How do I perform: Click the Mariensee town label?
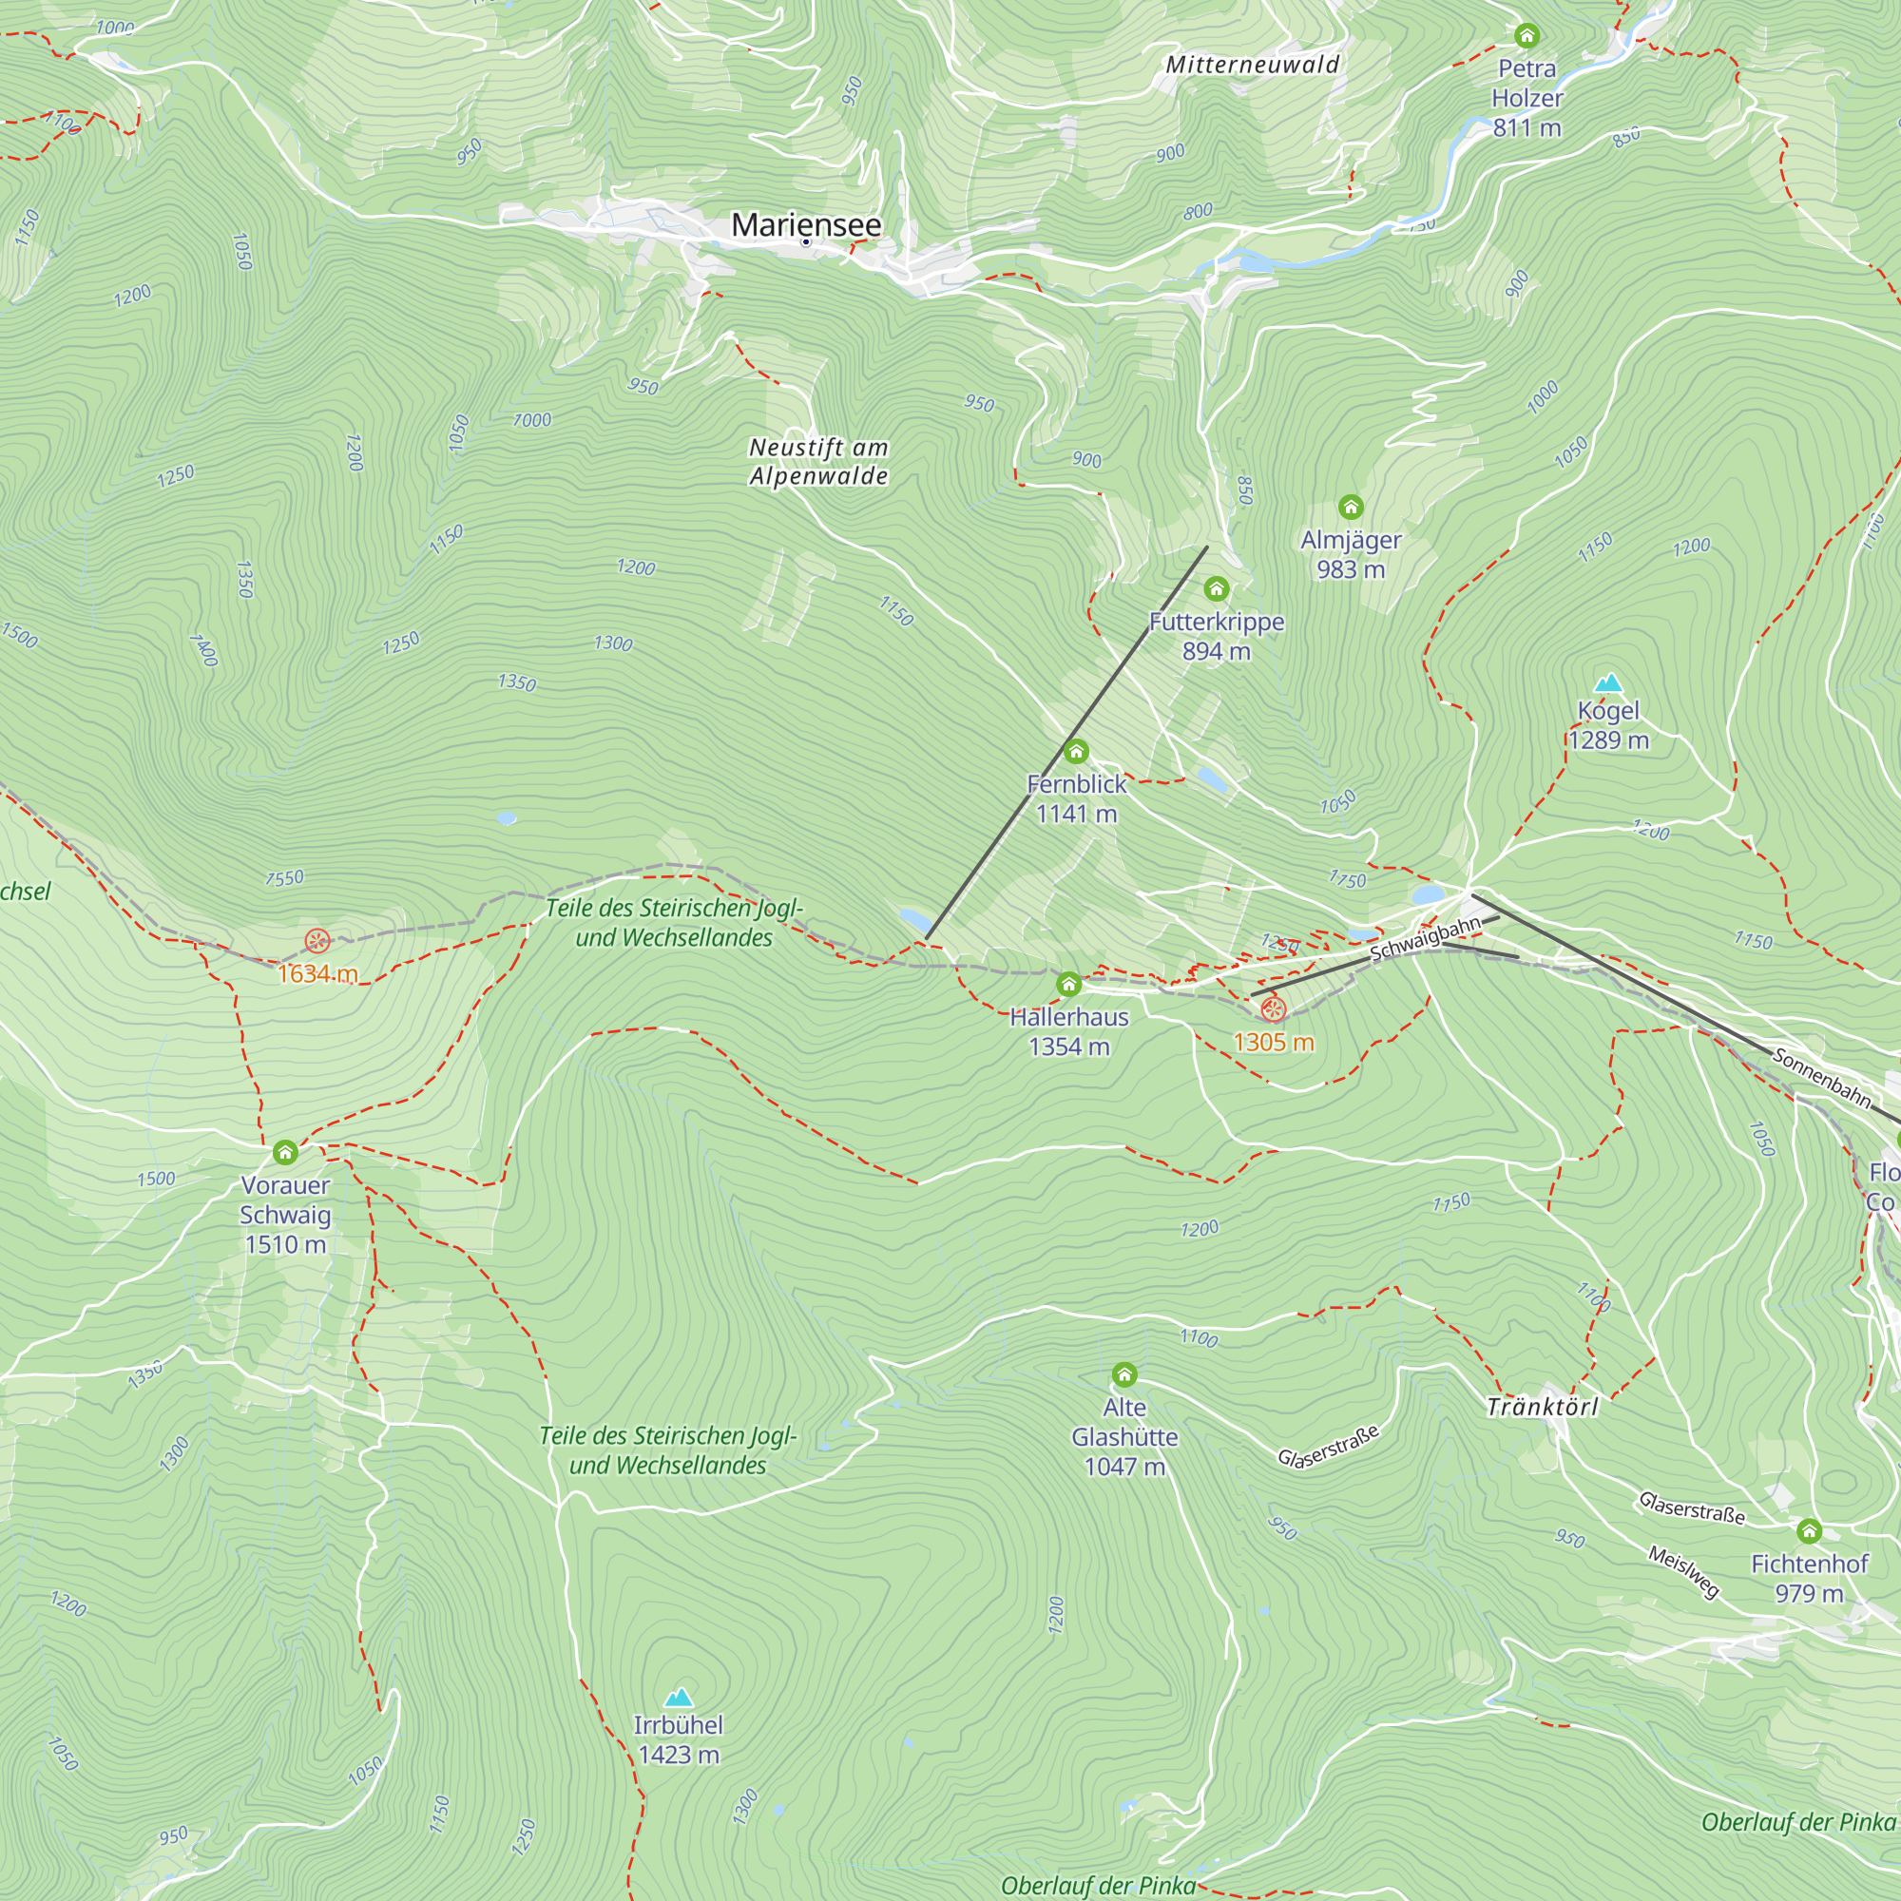[806, 224]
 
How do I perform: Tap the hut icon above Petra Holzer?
[1527, 36]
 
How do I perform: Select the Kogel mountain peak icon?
[1608, 682]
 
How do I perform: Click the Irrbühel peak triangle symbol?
[678, 1698]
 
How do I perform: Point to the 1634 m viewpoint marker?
[317, 941]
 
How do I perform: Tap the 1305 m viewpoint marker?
[1274, 1009]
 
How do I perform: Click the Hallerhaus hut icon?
[1068, 984]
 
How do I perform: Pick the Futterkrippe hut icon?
[1217, 589]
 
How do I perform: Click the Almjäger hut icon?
[1350, 507]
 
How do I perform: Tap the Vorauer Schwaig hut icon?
[285, 1152]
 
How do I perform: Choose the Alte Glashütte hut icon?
[1123, 1374]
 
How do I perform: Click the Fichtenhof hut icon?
[1809, 1531]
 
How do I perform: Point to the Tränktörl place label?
[1542, 1407]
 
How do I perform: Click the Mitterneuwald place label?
[1252, 65]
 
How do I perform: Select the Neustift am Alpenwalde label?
[818, 462]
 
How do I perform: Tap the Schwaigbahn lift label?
[1425, 939]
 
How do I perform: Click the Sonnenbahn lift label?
[1821, 1078]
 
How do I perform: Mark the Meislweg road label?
[1683, 1571]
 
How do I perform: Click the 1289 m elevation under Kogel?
[1608, 739]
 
